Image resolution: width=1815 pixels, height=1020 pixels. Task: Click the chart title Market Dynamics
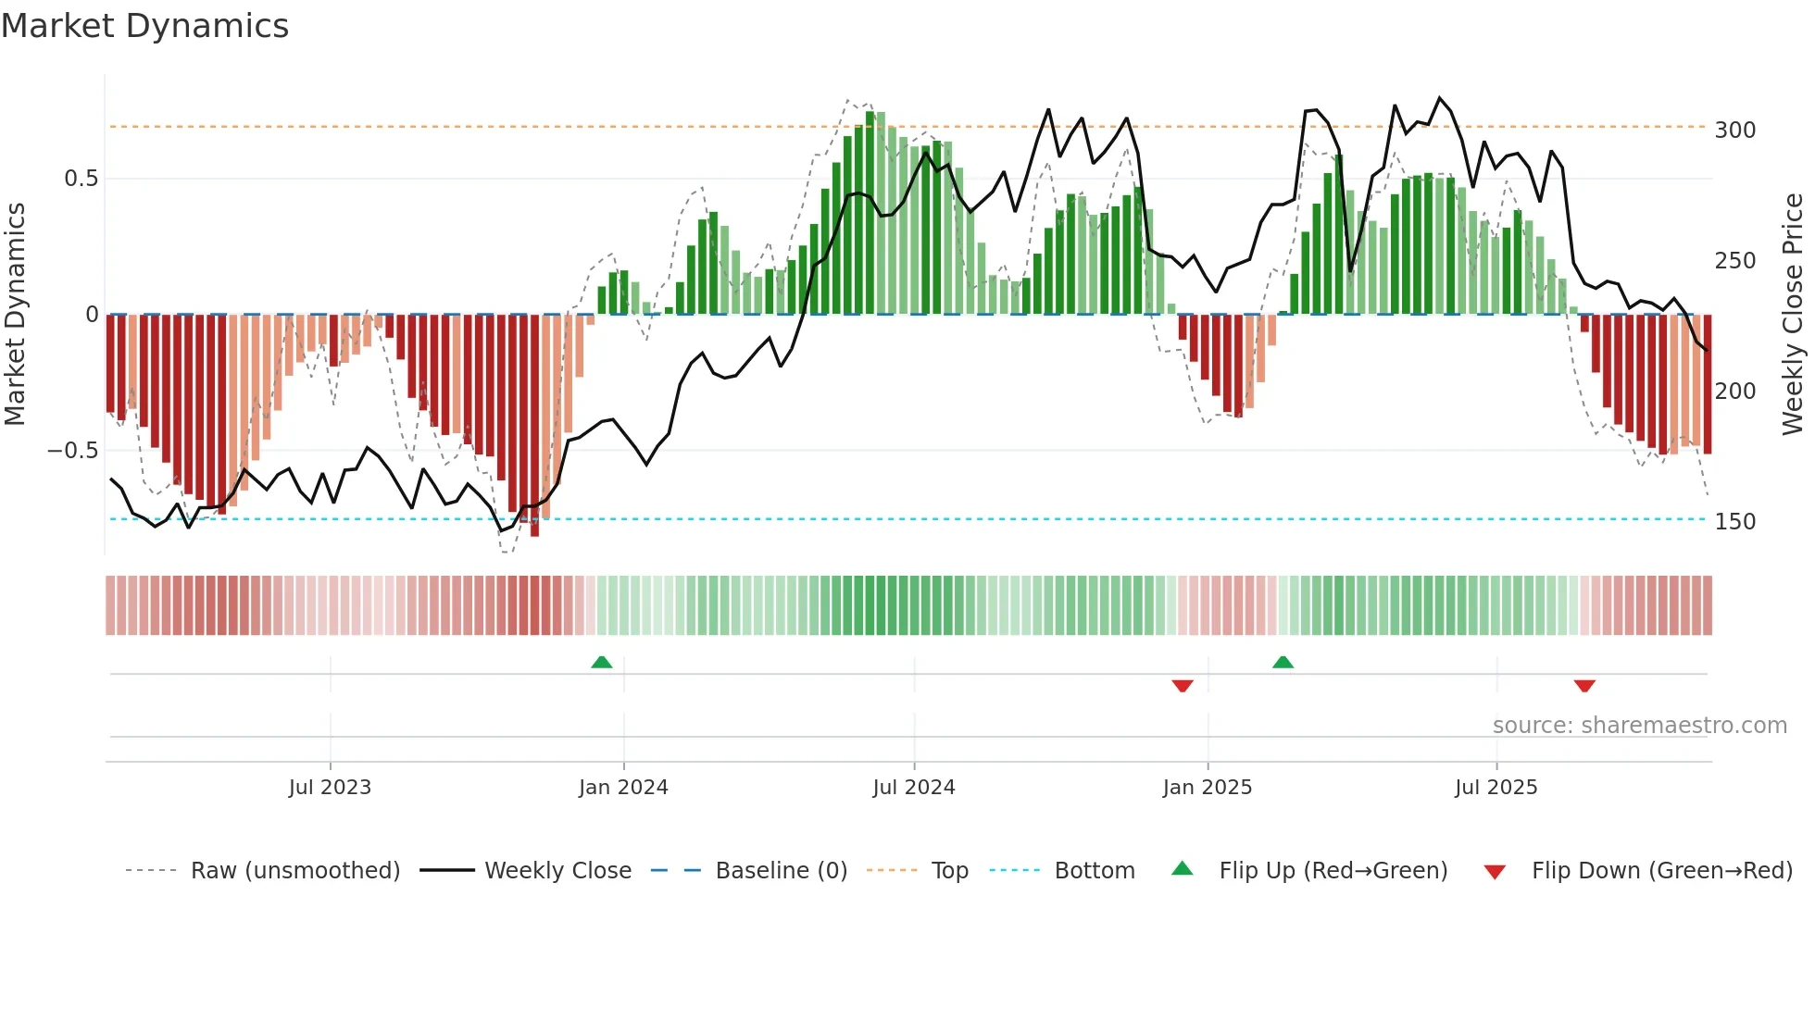pyautogui.click(x=144, y=26)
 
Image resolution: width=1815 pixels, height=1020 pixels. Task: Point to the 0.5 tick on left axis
pyautogui.click(x=81, y=179)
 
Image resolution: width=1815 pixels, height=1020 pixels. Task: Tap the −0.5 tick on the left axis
pyautogui.click(x=73, y=451)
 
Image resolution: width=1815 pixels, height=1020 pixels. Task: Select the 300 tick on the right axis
pyautogui.click(x=1734, y=131)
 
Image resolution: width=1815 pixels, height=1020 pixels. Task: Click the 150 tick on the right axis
pyautogui.click(x=1734, y=522)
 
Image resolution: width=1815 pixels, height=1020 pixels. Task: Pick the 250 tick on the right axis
pyautogui.click(x=1734, y=261)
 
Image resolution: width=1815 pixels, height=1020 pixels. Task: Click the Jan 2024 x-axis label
pyautogui.click(x=623, y=788)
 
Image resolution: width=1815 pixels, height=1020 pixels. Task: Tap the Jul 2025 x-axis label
pyautogui.click(x=1496, y=788)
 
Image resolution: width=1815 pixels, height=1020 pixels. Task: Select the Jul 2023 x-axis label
pyautogui.click(x=330, y=788)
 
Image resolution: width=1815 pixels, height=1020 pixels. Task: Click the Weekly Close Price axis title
pyautogui.click(x=1793, y=315)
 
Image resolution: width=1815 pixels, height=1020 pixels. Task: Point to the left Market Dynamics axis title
pyautogui.click(x=15, y=315)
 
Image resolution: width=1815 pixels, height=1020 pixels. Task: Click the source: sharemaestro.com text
pyautogui.click(x=1639, y=726)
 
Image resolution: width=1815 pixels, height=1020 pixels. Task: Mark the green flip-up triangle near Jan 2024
pyautogui.click(x=602, y=662)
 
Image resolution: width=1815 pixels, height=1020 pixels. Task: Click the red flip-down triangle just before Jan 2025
pyautogui.click(x=1183, y=686)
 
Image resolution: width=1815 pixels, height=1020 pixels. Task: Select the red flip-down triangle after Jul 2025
pyautogui.click(x=1584, y=686)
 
